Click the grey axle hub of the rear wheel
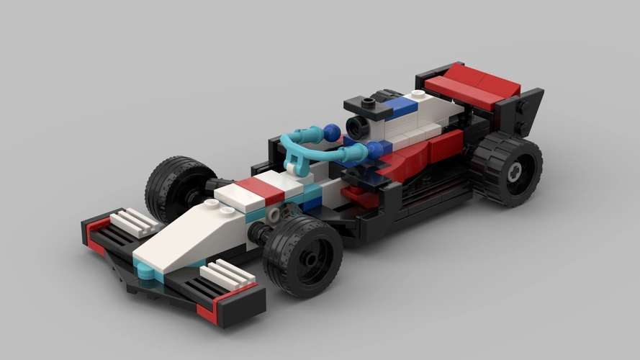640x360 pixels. click(514, 172)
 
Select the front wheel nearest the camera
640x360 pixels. click(302, 255)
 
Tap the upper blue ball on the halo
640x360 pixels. click(332, 132)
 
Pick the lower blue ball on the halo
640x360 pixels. click(374, 149)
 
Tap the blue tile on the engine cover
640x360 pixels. click(403, 109)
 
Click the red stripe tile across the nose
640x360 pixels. click(260, 189)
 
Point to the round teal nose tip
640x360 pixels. click(144, 272)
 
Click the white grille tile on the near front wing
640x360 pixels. click(226, 276)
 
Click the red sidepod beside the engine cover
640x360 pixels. click(418, 155)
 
